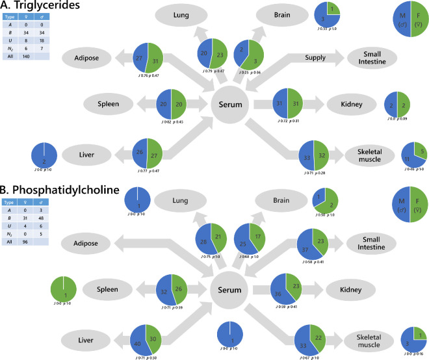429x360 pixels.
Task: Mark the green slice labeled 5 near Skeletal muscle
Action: (x=419, y=150)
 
